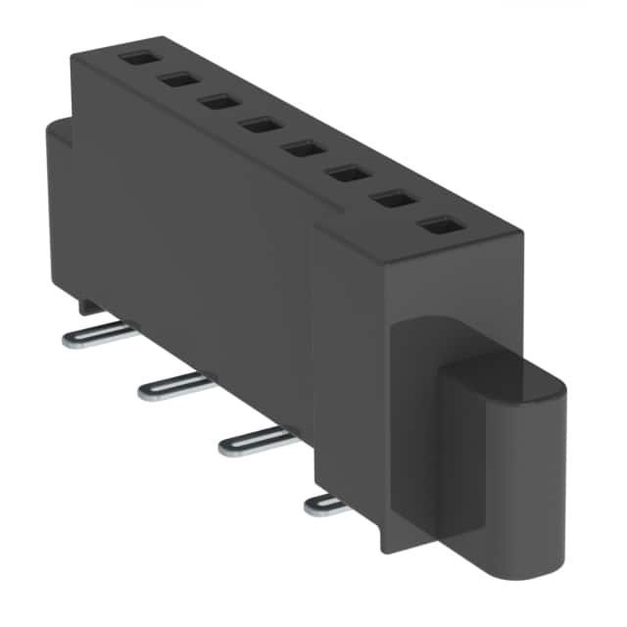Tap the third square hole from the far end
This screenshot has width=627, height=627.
click(217, 101)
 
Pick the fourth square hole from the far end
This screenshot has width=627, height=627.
click(260, 123)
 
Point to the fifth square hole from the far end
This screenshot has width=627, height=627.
click(302, 149)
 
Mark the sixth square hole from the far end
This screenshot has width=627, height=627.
click(345, 173)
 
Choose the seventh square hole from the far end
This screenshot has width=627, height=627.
click(392, 200)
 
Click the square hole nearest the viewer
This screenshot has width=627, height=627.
click(437, 227)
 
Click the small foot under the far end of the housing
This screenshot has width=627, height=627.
click(88, 307)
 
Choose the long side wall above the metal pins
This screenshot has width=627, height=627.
click(196, 245)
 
